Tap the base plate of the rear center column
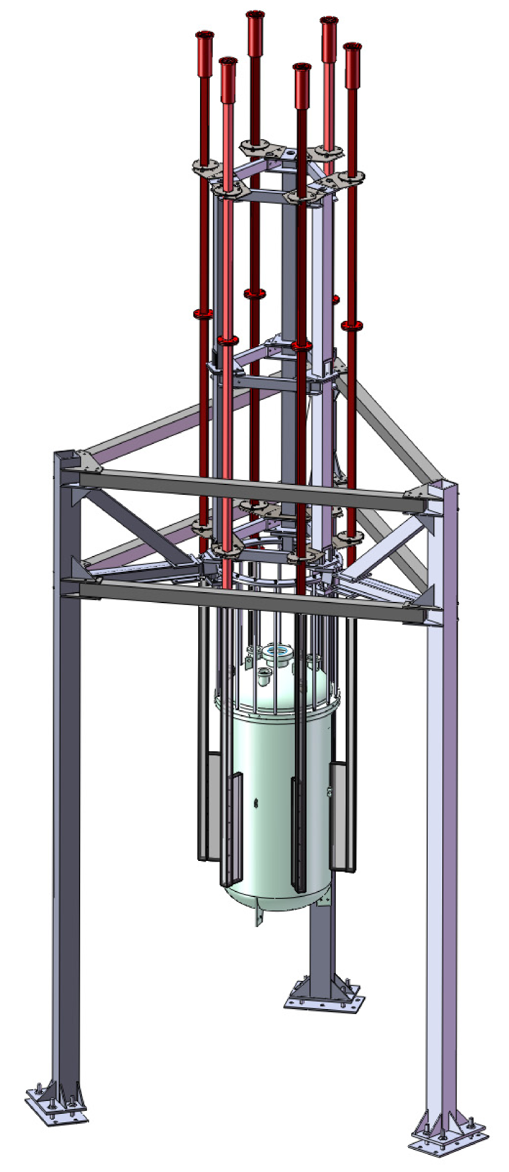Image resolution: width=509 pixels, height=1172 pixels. click(325, 1002)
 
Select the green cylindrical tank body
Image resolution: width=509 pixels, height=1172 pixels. click(275, 796)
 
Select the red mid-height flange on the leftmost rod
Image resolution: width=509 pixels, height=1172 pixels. click(202, 314)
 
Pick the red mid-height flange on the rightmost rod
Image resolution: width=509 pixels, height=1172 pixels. click(351, 325)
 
